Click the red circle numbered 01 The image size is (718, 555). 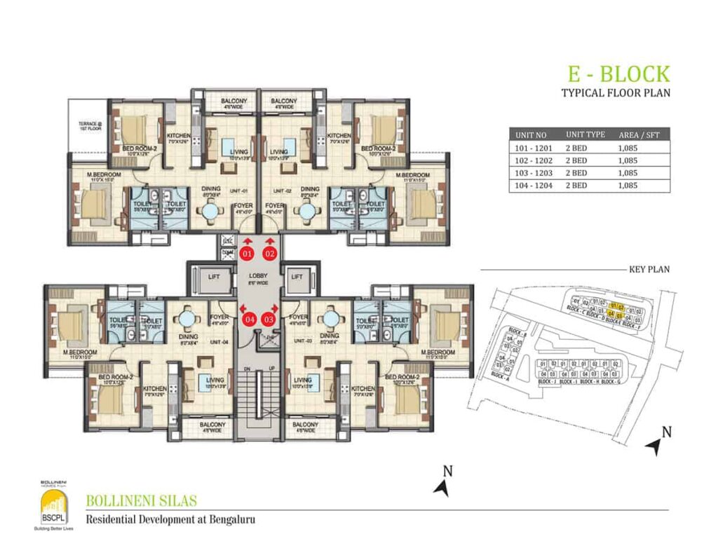pyautogui.click(x=248, y=254)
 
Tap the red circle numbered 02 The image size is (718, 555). pyautogui.click(x=270, y=254)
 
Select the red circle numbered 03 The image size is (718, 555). pyautogui.click(x=269, y=320)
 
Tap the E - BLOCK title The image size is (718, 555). pyautogui.click(x=618, y=74)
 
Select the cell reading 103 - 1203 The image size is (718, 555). pyautogui.click(x=534, y=173)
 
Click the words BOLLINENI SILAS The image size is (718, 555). pyautogui.click(x=141, y=502)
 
